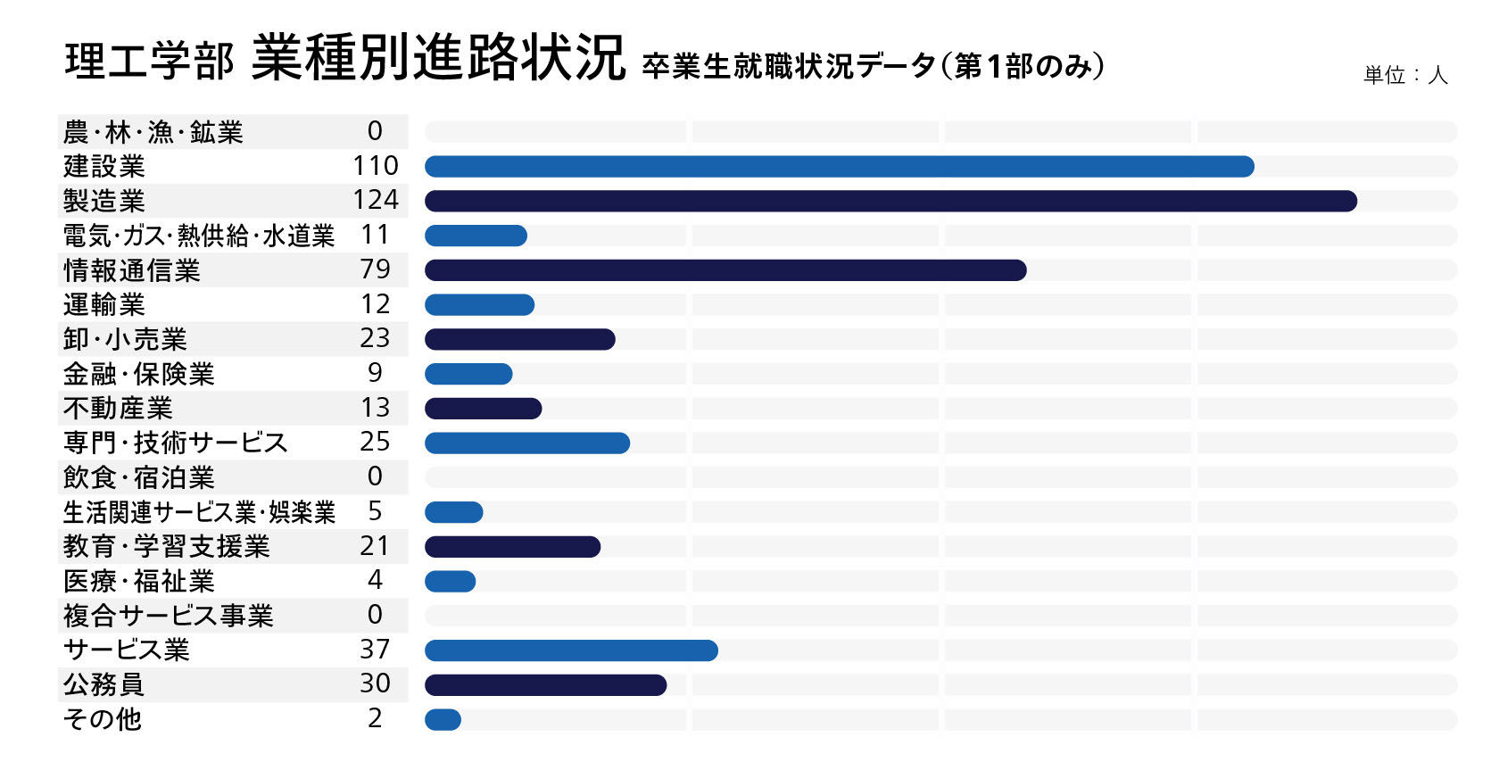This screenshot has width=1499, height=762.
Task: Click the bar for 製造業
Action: (890, 201)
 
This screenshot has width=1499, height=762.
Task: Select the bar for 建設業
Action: (839, 167)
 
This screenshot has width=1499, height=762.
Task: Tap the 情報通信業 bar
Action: (725, 270)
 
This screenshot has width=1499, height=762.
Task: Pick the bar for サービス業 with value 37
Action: (571, 650)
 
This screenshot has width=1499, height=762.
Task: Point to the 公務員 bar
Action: (545, 685)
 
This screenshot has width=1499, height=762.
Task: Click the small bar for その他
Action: (443, 720)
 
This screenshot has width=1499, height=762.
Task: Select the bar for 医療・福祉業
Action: (451, 582)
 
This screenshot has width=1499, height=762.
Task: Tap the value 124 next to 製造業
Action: (376, 200)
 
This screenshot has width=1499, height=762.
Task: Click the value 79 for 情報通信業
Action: (375, 269)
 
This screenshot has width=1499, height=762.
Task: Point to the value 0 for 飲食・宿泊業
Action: (375, 476)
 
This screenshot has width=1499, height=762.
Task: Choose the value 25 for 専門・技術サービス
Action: (375, 442)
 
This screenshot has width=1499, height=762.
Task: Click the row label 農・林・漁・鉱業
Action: (153, 132)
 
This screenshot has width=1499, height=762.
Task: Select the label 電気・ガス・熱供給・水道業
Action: (199, 236)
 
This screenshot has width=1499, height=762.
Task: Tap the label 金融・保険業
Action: (138, 374)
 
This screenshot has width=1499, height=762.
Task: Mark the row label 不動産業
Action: (118, 408)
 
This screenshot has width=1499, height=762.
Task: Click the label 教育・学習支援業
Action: (167, 547)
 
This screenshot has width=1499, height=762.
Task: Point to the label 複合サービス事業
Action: (168, 616)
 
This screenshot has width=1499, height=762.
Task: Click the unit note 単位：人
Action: (1405, 75)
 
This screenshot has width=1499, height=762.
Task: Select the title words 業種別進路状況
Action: (438, 58)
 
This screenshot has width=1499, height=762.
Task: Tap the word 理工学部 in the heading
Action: (149, 62)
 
